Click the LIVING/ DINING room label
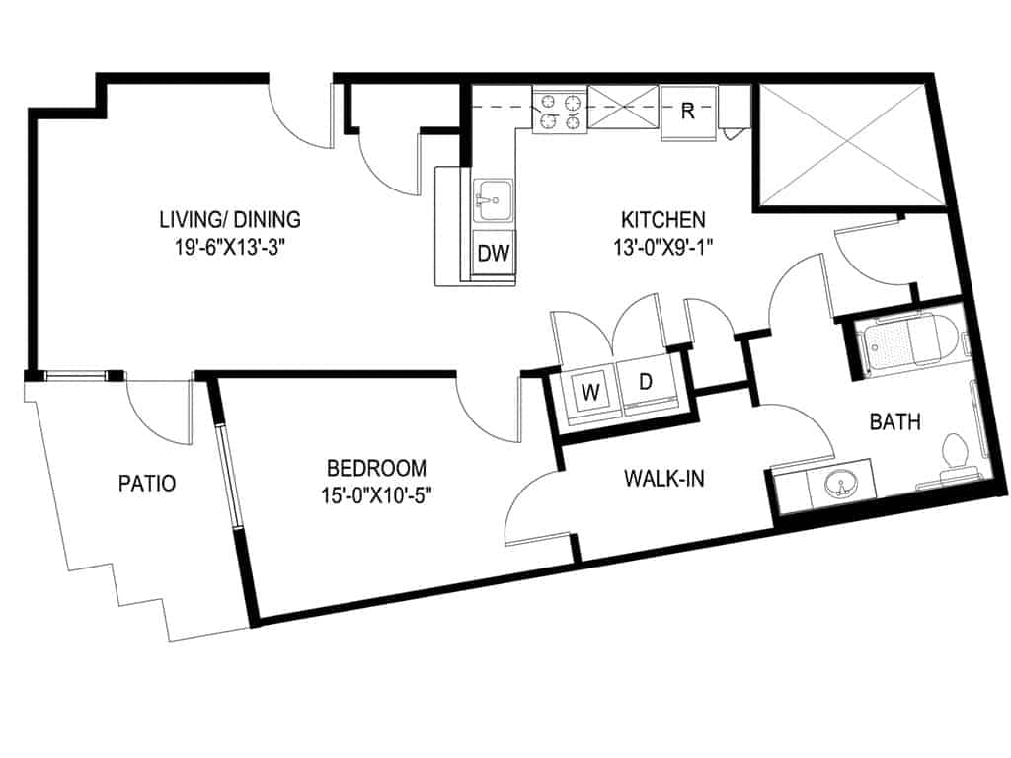(x=230, y=219)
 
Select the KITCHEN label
(x=661, y=219)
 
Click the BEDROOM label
(x=377, y=467)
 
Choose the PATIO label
(x=147, y=484)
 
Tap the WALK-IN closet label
(x=663, y=479)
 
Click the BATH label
(x=894, y=422)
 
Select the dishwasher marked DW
(x=493, y=254)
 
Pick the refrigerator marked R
(x=688, y=111)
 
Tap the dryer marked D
(x=645, y=383)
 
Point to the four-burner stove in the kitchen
(x=559, y=109)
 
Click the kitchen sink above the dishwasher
(x=491, y=203)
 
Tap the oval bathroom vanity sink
(x=839, y=484)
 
